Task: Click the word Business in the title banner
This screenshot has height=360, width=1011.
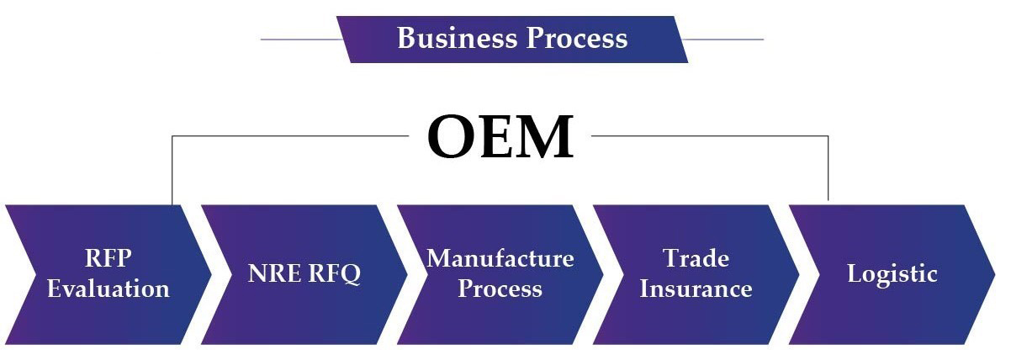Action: coord(458,38)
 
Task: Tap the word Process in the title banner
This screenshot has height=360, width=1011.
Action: coord(577,38)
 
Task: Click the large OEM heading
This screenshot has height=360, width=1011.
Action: coord(500,136)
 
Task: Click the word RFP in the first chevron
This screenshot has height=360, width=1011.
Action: coord(109,258)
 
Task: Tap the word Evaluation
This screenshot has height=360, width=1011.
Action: coord(109,289)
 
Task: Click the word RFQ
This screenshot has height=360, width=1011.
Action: coord(335,274)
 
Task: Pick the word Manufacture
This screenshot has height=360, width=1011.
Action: coord(500,258)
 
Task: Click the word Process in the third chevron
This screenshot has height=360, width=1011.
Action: coord(500,289)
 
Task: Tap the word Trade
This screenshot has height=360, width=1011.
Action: coord(696,258)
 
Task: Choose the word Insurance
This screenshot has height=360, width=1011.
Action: coord(696,289)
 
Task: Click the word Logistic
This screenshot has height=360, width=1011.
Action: coord(892,274)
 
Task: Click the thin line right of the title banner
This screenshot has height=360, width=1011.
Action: coord(723,40)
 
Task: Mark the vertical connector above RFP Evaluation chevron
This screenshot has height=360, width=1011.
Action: coord(172,170)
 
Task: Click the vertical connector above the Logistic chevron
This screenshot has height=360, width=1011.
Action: coord(828,168)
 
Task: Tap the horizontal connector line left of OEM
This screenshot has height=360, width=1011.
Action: coord(290,135)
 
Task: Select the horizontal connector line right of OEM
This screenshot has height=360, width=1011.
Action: coord(710,135)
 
